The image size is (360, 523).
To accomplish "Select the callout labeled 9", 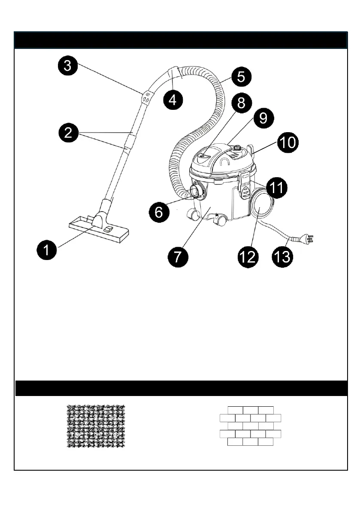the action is [262, 118].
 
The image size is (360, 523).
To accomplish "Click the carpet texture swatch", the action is [96, 426].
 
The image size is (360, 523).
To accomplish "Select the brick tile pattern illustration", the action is [250, 426].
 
